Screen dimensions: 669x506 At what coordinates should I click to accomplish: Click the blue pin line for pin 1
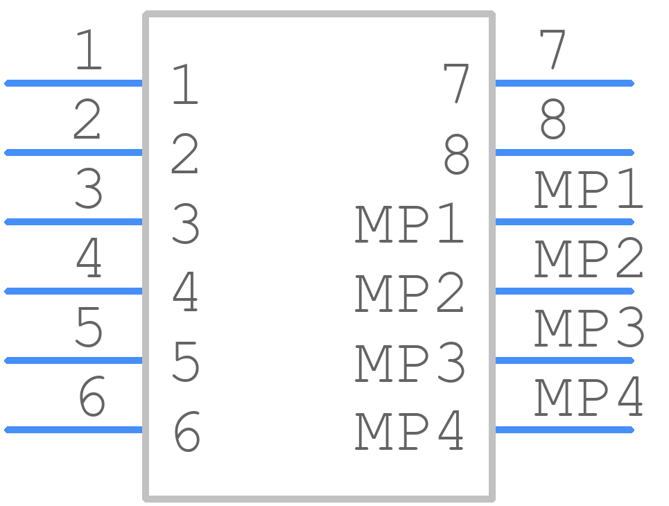pos(73,83)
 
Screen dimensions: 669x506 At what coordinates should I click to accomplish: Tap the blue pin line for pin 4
pos(73,291)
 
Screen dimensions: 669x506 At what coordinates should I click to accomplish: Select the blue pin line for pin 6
pos(73,430)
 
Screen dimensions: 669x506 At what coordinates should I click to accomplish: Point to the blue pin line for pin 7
pos(565,83)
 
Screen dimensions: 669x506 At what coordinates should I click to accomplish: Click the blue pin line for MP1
pos(565,222)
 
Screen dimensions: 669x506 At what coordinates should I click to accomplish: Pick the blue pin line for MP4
pos(565,430)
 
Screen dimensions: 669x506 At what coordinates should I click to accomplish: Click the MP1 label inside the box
pos(410,225)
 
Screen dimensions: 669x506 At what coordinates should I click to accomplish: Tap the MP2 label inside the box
pos(410,293)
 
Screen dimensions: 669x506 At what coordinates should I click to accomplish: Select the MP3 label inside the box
pos(410,363)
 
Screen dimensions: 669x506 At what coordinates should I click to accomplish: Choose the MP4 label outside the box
pos(589,398)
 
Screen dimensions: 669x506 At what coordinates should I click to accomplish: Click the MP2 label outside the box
pos(589,259)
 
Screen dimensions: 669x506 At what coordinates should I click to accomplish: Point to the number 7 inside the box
pos(457,83)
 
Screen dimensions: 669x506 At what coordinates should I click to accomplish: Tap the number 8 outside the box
pos(553,119)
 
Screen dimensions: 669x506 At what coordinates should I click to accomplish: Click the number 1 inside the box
pos(185,84)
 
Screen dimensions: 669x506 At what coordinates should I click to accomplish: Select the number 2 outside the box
pos(87,119)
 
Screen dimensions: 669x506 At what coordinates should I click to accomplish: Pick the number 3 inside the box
pos(185,224)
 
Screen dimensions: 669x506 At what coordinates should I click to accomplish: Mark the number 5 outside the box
pos(89,328)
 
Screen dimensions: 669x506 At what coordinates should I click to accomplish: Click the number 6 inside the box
pos(187,432)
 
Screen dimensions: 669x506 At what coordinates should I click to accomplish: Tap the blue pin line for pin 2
pos(73,152)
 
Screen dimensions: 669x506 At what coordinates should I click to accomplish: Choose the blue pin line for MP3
pos(565,360)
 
